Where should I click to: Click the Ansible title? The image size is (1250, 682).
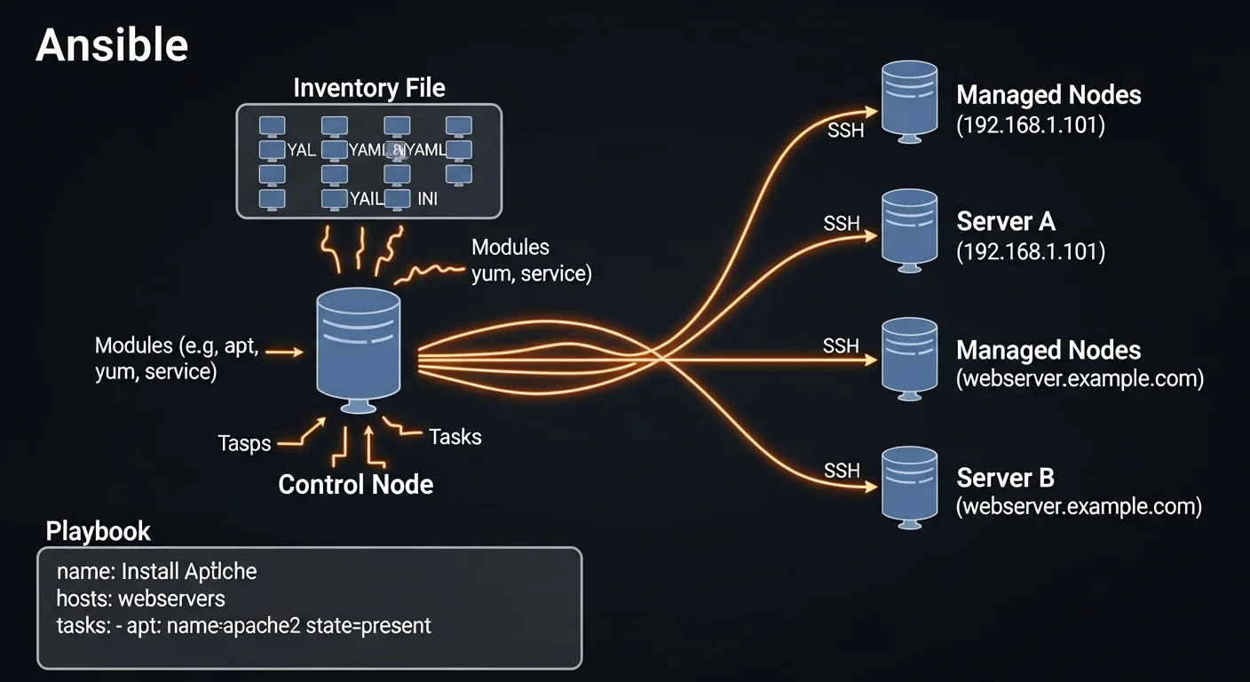pos(112,45)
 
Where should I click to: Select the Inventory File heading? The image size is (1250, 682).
pos(369,88)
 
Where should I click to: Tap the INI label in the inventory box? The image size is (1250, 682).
pos(427,199)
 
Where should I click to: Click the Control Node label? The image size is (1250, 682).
pos(356,484)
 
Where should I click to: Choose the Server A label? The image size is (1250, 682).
pos(1006,221)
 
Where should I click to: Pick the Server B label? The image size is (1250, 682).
pos(1005,478)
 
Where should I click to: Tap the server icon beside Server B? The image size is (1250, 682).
pos(909,486)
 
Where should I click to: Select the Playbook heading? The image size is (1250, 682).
pos(98,531)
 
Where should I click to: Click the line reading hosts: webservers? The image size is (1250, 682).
pos(140,598)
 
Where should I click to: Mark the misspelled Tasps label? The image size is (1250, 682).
pos(244,442)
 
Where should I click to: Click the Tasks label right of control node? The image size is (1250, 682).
pos(455,436)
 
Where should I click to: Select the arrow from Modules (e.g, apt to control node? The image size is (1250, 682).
pos(284,353)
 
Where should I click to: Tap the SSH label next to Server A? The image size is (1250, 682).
pos(842,223)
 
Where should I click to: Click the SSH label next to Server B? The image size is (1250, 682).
pos(842,470)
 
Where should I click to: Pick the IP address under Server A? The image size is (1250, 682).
pos(1030,252)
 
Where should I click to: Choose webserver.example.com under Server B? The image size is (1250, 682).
pos(1079,507)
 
